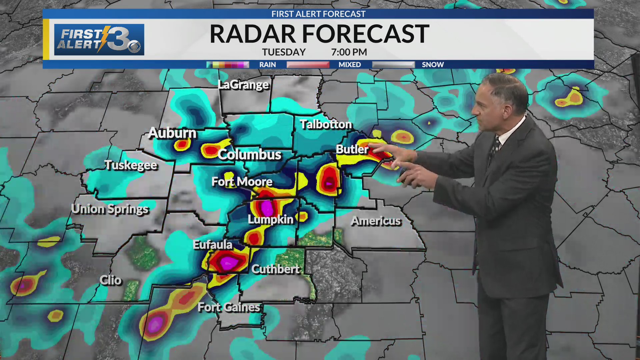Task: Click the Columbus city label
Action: pos(249,155)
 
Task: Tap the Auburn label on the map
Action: pos(172,133)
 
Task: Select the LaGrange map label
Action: pos(243,85)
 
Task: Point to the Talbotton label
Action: pos(326,124)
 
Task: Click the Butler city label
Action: pos(352,149)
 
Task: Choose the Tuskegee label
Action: pos(131,165)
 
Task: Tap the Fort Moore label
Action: pos(242,182)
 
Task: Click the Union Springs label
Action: pos(110,209)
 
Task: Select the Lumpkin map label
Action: pos(270,219)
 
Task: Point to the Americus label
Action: pos(376,221)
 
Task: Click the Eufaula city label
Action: pos(212,245)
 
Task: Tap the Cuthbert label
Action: pos(276,269)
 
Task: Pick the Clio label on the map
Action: pos(110,280)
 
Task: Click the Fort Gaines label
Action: pos(229,307)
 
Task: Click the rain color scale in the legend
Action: pos(228,65)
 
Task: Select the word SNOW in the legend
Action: pos(433,65)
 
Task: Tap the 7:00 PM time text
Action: pos(349,52)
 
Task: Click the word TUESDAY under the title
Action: pos(284,52)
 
